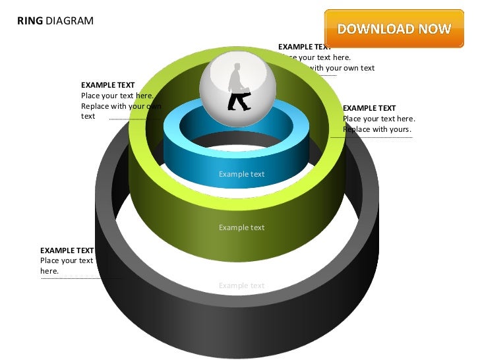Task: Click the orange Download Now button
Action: pos(394,29)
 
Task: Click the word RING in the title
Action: pos(30,20)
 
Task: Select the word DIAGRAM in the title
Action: pos(69,20)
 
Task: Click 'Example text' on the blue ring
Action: pos(241,174)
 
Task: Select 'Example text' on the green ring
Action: pos(241,227)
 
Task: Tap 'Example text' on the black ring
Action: pos(241,285)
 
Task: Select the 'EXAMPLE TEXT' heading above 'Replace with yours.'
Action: pos(369,108)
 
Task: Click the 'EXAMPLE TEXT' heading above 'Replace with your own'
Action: pos(107,85)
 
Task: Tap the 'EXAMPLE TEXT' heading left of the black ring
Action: pos(67,251)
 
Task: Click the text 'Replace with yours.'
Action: pos(377,129)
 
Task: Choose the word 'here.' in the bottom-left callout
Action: pos(49,271)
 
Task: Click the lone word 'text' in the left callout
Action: pos(88,116)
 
